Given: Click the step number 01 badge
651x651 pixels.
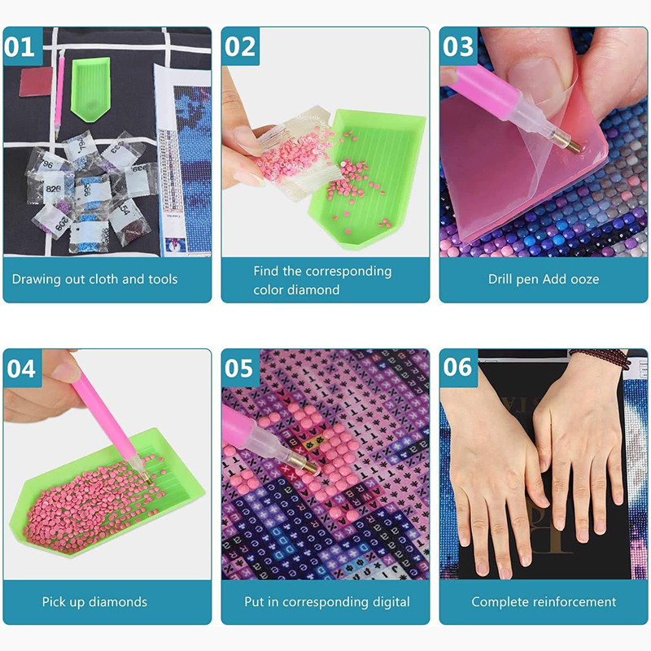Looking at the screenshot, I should (x=21, y=46).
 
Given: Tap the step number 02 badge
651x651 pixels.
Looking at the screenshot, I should (x=240, y=46).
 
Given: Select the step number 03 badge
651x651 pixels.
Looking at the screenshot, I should (x=458, y=46).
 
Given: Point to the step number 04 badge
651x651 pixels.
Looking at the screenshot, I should (x=21, y=368).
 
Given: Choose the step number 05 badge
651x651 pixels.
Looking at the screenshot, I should (x=240, y=368).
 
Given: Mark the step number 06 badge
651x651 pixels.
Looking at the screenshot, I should (x=458, y=368).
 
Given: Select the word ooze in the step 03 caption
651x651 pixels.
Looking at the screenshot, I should (x=583, y=279).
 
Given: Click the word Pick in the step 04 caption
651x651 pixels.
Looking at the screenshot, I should (x=55, y=602).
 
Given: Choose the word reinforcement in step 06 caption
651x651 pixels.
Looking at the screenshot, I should (x=575, y=602).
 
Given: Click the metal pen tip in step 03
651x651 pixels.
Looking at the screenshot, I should (x=571, y=144).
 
